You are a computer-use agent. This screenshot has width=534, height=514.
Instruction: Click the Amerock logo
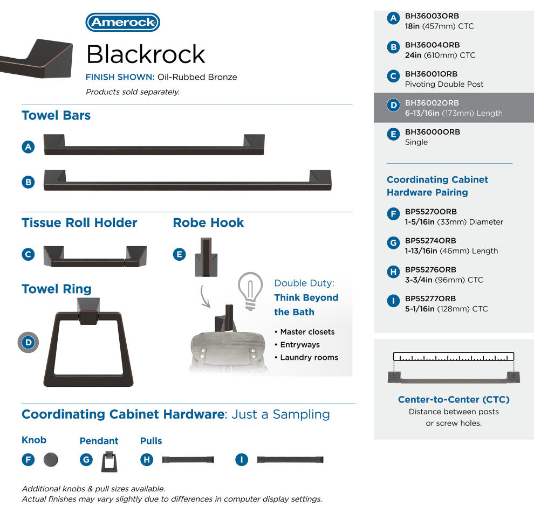pos(122,23)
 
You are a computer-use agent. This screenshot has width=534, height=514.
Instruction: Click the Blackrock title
pos(146,54)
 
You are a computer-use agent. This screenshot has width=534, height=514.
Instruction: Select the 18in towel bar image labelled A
pos(154,145)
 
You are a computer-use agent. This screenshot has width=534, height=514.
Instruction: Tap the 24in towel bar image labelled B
pos(187,180)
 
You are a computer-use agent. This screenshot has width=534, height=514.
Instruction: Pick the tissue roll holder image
pos(95,256)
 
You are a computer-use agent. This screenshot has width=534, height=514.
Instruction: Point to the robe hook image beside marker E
pos(206,257)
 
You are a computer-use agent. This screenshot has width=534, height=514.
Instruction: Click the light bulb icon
pos(250,291)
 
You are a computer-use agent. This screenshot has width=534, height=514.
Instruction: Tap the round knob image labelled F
pos(51,460)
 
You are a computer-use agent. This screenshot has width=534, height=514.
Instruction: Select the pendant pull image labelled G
pos(109,462)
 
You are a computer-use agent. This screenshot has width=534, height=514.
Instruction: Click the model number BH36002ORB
pos(432,103)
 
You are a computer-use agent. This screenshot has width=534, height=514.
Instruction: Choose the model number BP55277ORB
pos(430,298)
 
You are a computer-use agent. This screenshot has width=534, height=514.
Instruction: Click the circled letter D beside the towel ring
pos(28,342)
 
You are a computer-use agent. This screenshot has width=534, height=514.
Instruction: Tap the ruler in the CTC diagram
pos(453,357)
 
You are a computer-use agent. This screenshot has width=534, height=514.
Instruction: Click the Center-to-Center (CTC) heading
pos(454,399)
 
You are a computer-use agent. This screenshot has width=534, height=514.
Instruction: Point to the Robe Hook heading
pos(208,223)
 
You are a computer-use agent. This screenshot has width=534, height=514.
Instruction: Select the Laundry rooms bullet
pos(306,358)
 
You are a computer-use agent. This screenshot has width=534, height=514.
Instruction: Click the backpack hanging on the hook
pos(228,350)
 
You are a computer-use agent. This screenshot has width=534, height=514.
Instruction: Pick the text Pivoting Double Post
pos(444,85)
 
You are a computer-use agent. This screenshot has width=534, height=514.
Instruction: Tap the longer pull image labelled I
pos(290,460)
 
